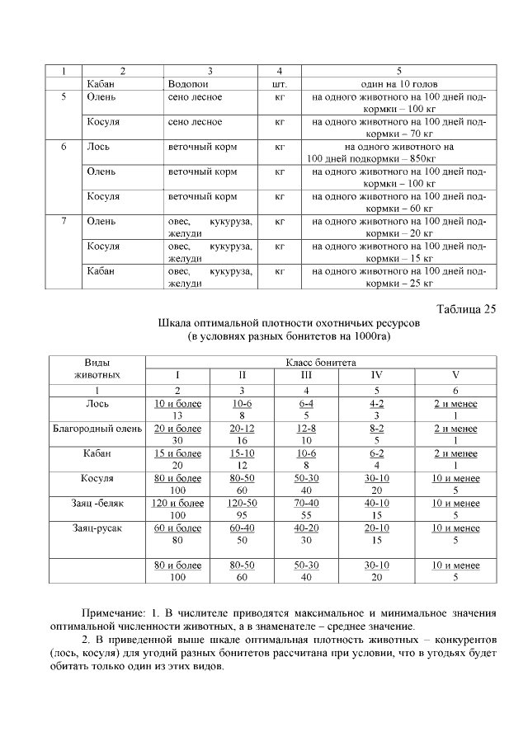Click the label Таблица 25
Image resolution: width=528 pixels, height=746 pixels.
tap(465, 309)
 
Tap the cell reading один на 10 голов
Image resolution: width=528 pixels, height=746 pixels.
tap(398, 84)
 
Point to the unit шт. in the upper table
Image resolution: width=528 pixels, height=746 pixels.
tap(279, 84)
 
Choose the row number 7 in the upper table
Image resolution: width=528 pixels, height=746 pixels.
tap(64, 221)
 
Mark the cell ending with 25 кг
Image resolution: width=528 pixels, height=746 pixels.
tap(398, 278)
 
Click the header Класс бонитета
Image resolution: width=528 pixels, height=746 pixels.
tap(321, 362)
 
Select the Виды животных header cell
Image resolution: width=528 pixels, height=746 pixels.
tap(98, 368)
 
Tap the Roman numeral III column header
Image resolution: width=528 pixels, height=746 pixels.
tap(306, 375)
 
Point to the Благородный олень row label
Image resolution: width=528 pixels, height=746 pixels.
tap(98, 429)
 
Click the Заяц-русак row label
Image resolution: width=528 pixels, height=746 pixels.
tap(98, 528)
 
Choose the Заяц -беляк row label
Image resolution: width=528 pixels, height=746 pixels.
tap(98, 503)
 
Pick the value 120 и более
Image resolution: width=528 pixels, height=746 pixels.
tap(177, 503)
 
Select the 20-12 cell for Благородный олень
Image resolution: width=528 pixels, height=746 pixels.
tap(242, 429)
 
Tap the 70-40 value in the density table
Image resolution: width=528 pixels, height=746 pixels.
tap(306, 503)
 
